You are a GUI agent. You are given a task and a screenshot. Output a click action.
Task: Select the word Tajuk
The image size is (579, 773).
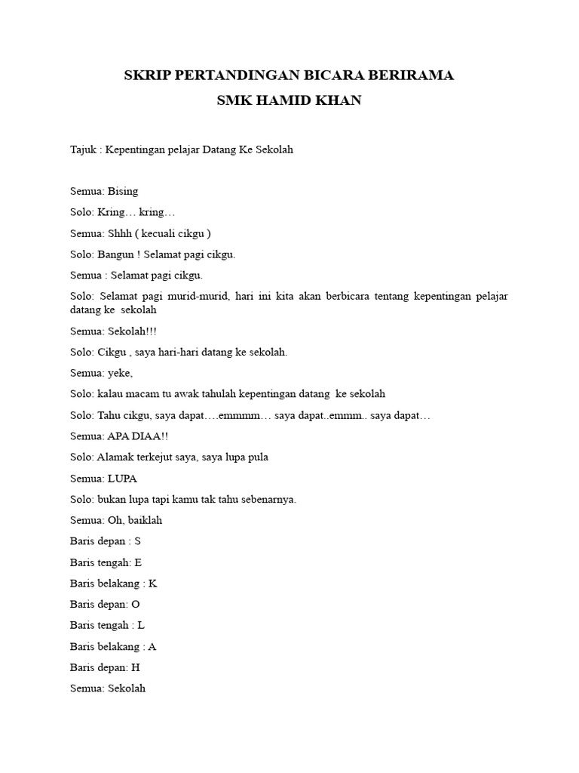pos(84,149)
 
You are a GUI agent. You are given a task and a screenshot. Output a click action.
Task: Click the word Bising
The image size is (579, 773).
pos(123,191)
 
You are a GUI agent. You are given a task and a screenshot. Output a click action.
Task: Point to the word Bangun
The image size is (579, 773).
pos(115,254)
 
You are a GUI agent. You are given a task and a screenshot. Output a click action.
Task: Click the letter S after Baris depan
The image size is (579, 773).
pos(138,541)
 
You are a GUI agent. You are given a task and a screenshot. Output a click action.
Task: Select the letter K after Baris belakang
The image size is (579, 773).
pos(153,584)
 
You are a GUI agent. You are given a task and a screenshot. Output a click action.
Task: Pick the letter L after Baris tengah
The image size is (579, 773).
pos(141,626)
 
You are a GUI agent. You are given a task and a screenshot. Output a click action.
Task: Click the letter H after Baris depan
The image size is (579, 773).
pos(136,667)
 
